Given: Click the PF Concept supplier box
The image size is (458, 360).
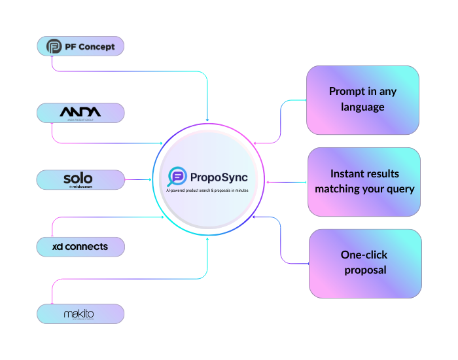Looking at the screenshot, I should coord(80,46).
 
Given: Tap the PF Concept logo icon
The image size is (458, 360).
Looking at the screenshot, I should coord(54,46).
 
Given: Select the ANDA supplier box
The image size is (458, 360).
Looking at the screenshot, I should coord(80,113).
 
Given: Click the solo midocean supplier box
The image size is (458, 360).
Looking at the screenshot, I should coord(80,179).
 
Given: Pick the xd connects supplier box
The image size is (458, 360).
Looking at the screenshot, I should coord(80,247).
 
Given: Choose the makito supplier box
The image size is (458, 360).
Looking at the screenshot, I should coord(80,314).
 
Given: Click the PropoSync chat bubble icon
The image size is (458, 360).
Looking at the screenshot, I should coord(177,176).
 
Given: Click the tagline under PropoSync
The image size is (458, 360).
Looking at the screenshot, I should coord(207,190).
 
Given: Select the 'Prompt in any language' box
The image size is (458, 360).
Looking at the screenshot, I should coord(362,99).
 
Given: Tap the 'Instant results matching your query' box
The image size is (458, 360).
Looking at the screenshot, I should coord(364,181).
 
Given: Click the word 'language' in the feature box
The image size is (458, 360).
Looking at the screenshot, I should coord(362,107).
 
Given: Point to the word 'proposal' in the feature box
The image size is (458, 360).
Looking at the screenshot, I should coord(364,270).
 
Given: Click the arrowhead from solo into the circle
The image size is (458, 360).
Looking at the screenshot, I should coord(150,179).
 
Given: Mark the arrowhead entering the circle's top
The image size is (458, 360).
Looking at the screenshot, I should coord(207,120).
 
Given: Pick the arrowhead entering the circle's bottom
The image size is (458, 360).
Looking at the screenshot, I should coord(207,239).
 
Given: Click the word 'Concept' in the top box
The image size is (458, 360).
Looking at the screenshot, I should coord(97,46).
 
